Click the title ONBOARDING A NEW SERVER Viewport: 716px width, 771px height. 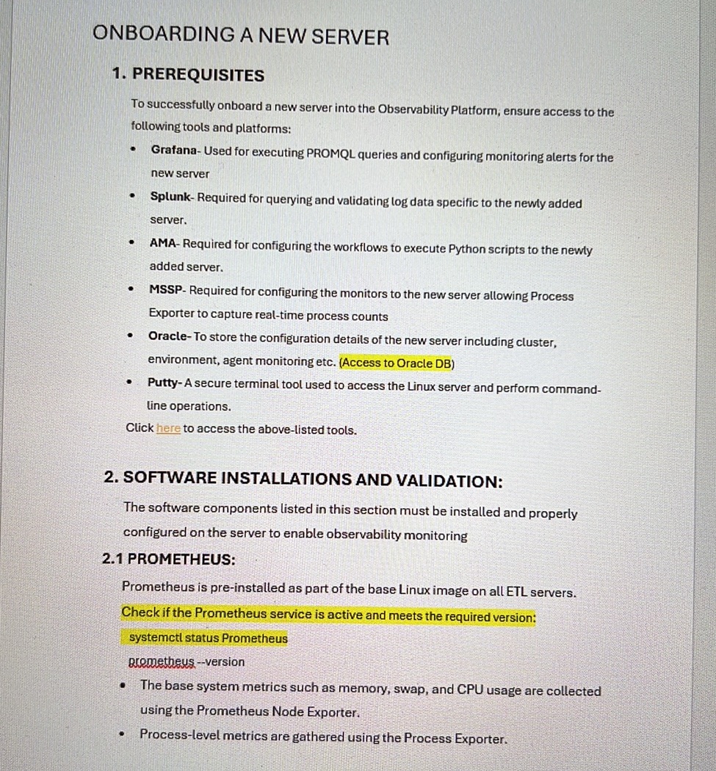point(241,35)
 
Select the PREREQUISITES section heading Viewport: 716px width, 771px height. point(188,75)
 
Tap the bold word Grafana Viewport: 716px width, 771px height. point(174,150)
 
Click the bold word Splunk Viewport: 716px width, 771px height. point(170,197)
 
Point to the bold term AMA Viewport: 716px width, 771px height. point(163,244)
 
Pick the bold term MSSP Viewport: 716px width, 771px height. point(166,290)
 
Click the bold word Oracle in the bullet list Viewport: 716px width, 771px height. point(169,336)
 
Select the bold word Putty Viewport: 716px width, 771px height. point(162,383)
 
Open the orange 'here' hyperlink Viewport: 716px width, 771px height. point(168,429)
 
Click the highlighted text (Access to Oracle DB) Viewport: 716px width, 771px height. point(397,363)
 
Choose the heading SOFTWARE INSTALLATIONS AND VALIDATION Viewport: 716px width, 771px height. point(303,479)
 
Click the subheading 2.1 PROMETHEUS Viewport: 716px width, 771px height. point(169,559)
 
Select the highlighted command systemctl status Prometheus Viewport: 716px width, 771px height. point(208,638)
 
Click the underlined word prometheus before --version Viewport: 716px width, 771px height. point(162,662)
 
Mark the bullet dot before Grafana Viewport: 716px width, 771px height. point(133,149)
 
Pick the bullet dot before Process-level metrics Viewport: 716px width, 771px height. point(123,734)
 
